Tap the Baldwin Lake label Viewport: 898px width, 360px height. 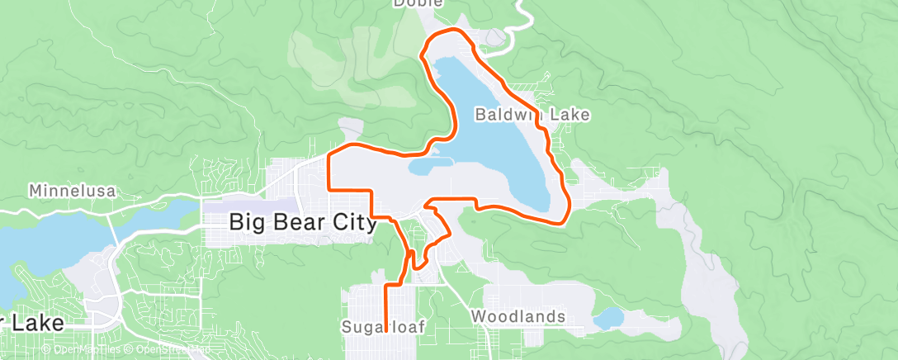pos(532,115)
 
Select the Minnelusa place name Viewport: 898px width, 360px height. pos(73,191)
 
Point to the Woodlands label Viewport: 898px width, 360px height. pos(518,316)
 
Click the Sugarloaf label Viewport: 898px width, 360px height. pos(383,327)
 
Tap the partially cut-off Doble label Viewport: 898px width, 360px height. pos(417,3)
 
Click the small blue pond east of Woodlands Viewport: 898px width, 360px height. pos(608,317)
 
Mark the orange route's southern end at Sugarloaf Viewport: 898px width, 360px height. pos(386,329)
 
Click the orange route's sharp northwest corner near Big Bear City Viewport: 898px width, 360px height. pos(329,154)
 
